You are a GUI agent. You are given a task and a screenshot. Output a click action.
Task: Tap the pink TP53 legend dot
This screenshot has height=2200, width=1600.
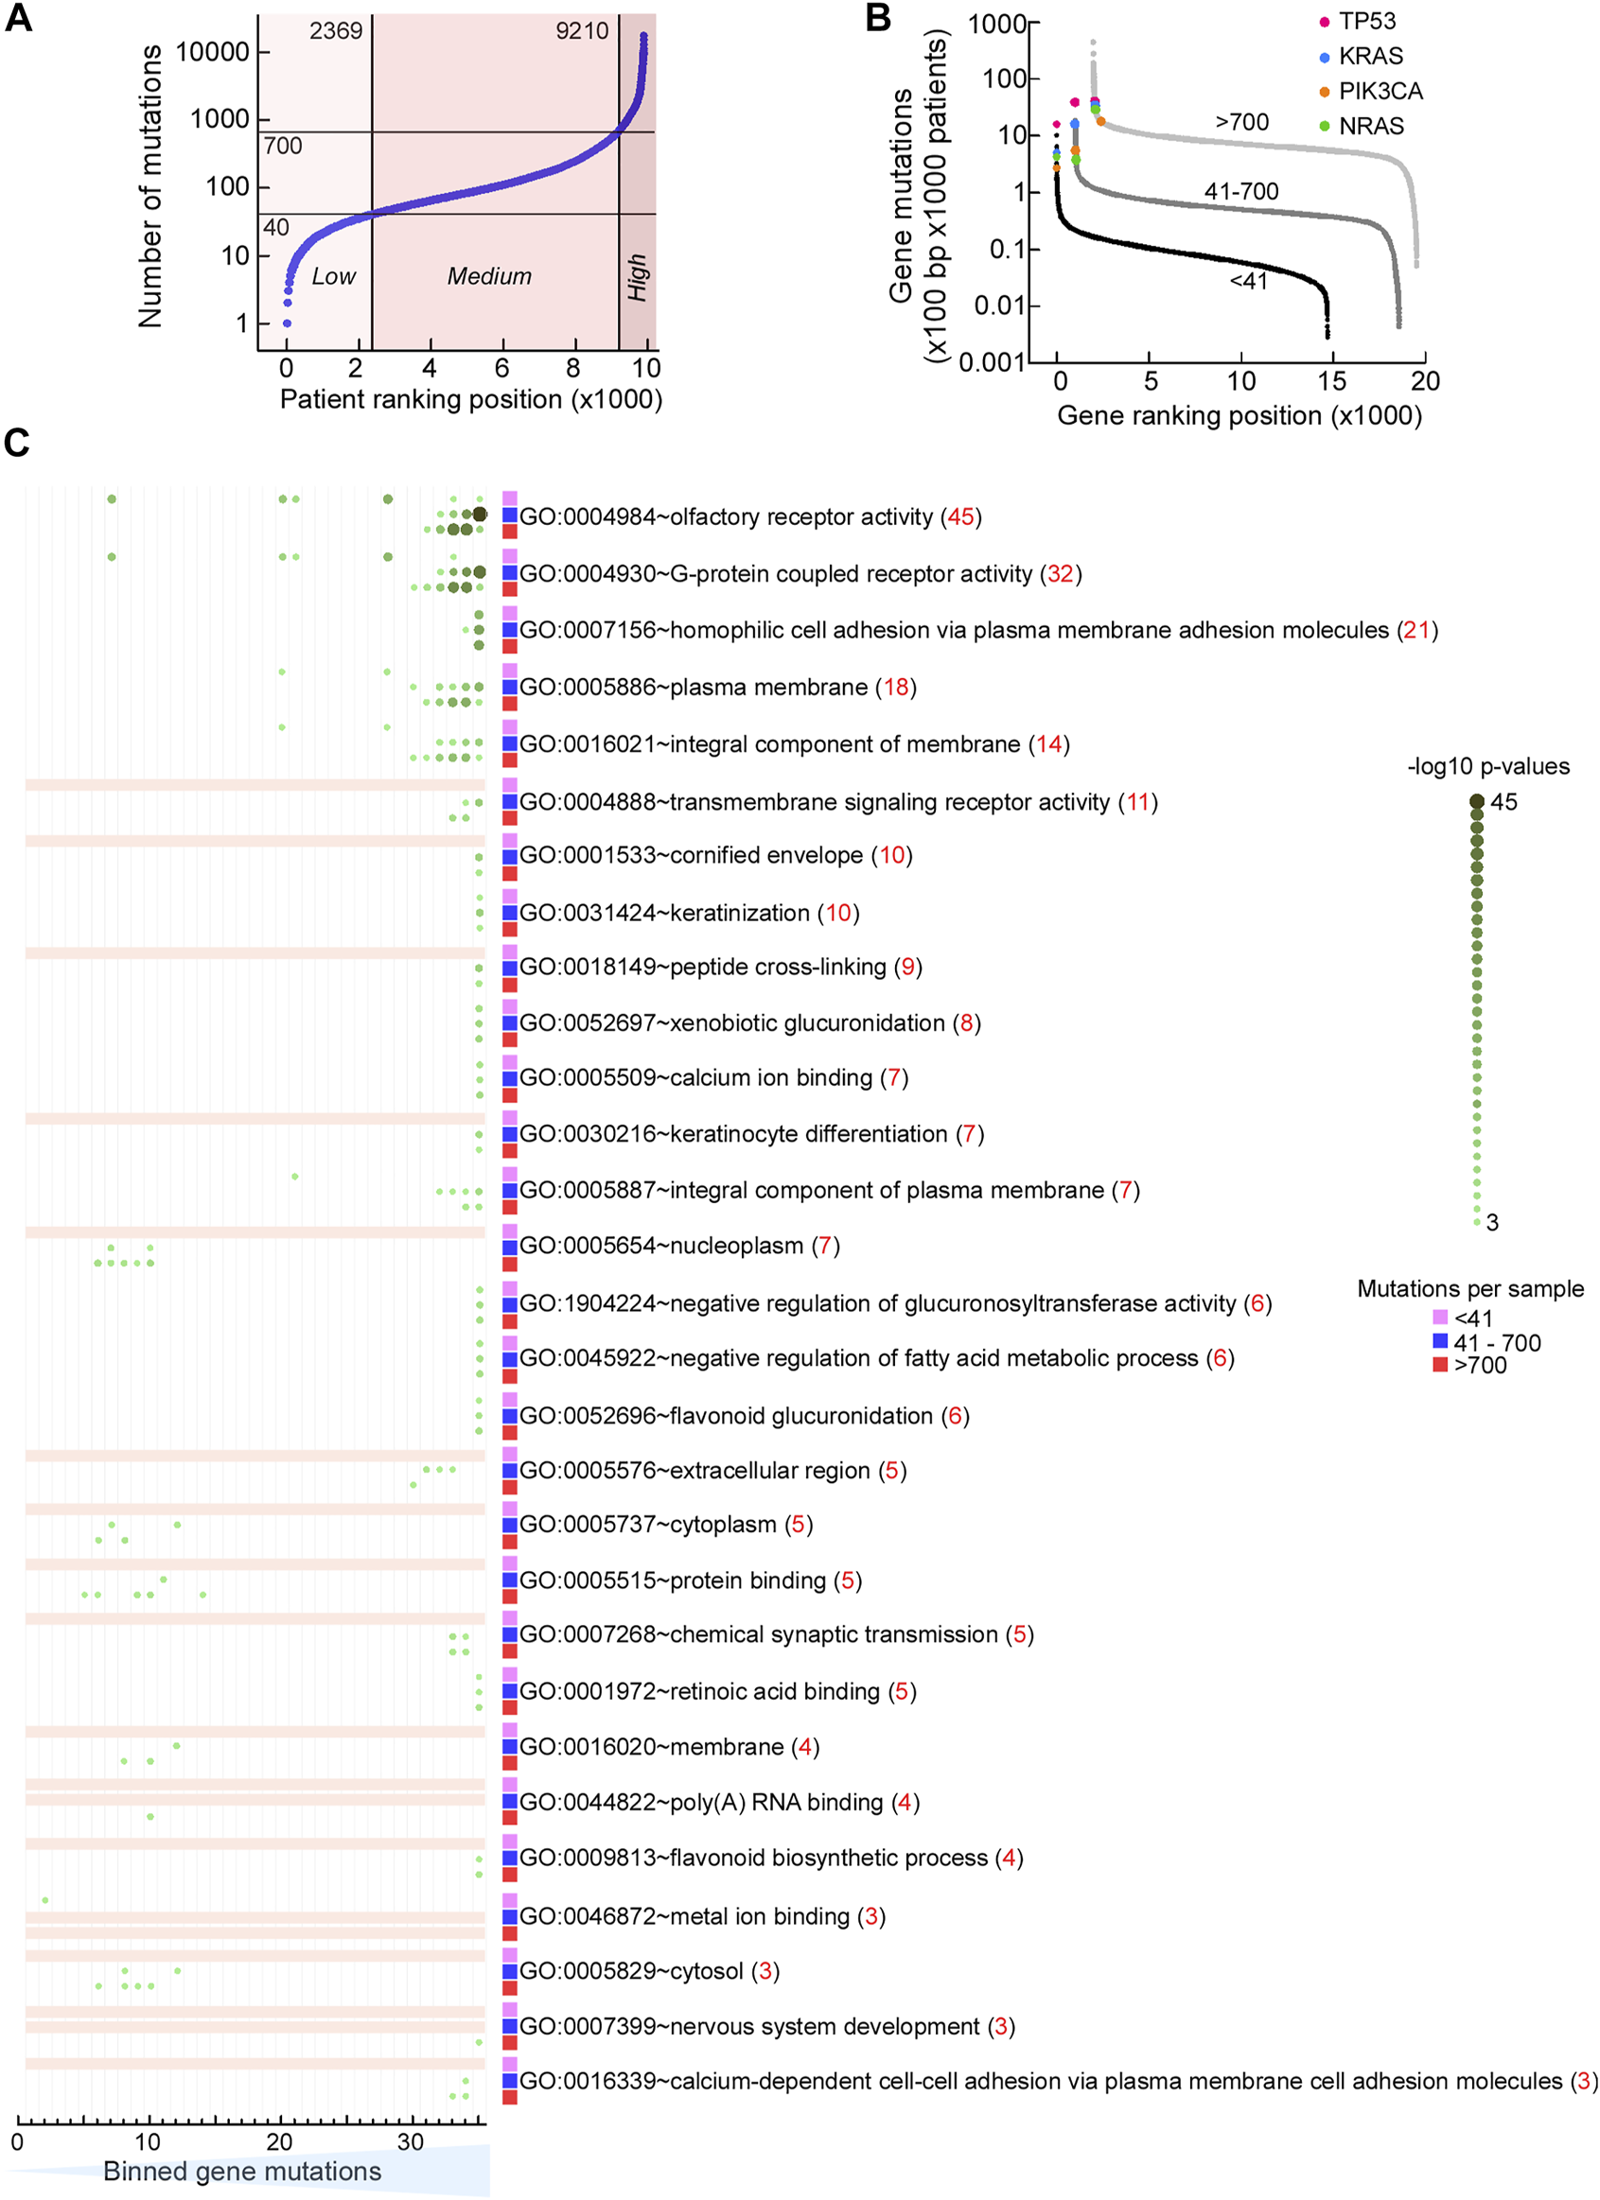1325,23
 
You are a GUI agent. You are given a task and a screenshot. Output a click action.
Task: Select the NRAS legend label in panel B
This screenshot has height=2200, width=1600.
1370,126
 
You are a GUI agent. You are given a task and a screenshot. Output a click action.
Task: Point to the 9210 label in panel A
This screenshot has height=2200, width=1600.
582,31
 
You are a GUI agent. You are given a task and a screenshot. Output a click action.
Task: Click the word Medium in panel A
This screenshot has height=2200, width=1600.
489,276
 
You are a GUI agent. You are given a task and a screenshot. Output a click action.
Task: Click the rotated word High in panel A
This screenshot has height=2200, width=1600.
638,277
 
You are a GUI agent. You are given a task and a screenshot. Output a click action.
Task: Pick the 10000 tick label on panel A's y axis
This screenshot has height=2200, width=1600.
212,52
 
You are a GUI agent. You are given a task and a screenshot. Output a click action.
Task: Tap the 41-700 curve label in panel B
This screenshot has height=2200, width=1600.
1241,191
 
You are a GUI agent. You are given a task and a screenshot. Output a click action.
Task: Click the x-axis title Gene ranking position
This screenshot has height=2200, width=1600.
1240,416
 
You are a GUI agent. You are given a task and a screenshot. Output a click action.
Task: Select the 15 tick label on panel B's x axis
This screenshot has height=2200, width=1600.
1332,381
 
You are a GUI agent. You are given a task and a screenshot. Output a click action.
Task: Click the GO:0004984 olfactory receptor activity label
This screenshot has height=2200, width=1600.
750,517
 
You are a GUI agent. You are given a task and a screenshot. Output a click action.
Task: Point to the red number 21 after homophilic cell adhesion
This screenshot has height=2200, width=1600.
1416,631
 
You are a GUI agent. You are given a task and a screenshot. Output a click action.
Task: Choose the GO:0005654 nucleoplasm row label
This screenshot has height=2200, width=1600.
679,1246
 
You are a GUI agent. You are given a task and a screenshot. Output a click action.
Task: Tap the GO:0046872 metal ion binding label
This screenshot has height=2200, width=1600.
701,1916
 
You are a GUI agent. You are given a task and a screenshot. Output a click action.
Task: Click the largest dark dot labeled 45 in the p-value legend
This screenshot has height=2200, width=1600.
1477,801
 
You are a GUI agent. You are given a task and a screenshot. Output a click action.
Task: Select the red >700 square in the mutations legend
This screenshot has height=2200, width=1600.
1440,1365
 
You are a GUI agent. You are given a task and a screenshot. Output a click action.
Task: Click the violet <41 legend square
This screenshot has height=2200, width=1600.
1440,1318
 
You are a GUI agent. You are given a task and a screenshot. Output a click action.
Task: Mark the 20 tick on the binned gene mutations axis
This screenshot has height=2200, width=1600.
280,2140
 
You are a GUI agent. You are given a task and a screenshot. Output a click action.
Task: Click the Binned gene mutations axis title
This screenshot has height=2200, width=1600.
242,2171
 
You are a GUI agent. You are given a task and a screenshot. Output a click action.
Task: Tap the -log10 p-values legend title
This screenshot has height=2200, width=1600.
1488,766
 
